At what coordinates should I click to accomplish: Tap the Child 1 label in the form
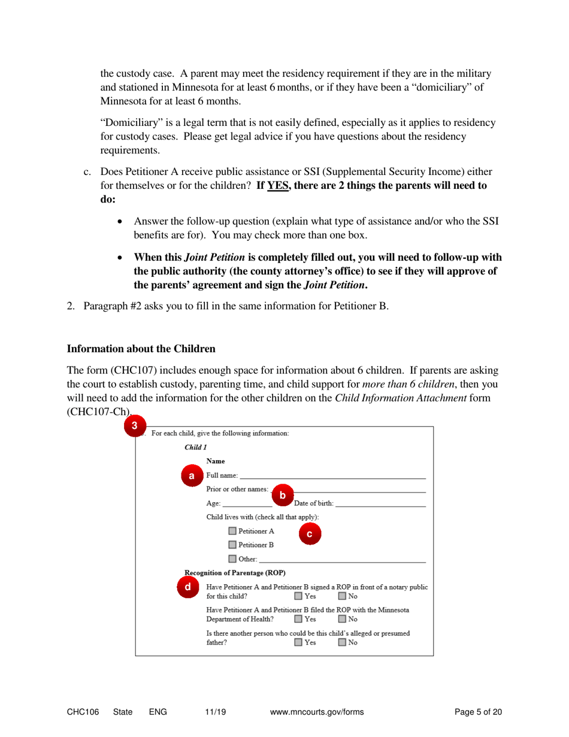[x=196, y=446]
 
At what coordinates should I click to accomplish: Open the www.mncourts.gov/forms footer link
[x=317, y=711]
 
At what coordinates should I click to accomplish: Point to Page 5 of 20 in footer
[x=478, y=711]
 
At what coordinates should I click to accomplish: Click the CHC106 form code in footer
[x=81, y=711]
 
